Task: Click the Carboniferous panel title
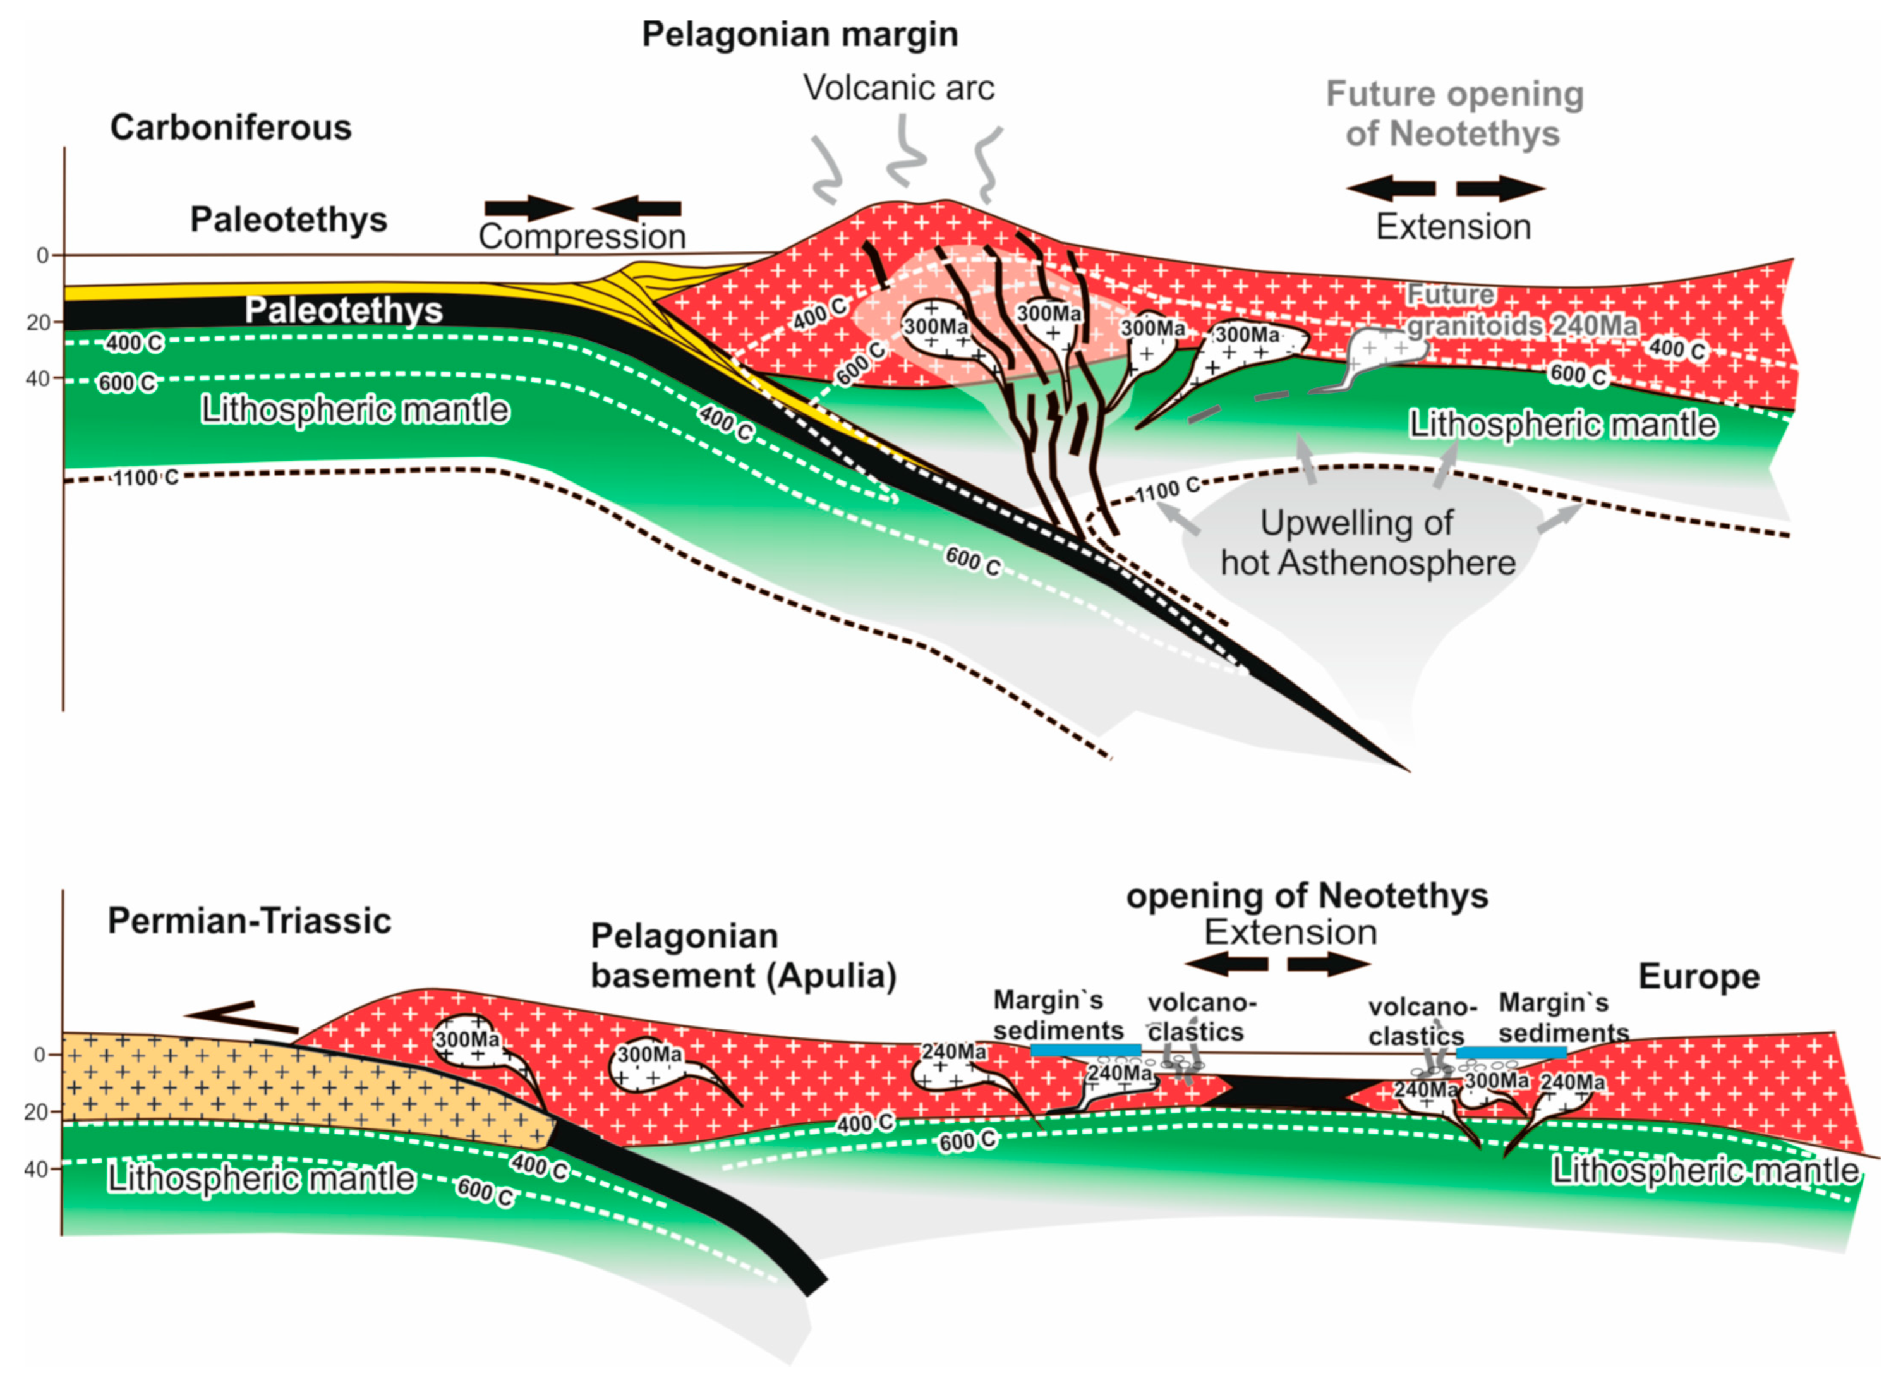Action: (231, 128)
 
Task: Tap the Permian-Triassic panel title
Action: (249, 921)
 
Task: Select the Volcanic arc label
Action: (898, 88)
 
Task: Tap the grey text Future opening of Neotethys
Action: (1454, 114)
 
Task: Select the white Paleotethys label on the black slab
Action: (343, 311)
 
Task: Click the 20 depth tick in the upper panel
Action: (39, 323)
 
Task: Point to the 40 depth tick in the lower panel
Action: (36, 1170)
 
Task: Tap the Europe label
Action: (1698, 977)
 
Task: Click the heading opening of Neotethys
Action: (1307, 896)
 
